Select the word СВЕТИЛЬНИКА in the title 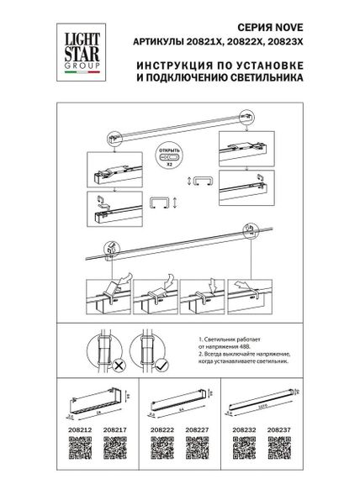click(x=262, y=83)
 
